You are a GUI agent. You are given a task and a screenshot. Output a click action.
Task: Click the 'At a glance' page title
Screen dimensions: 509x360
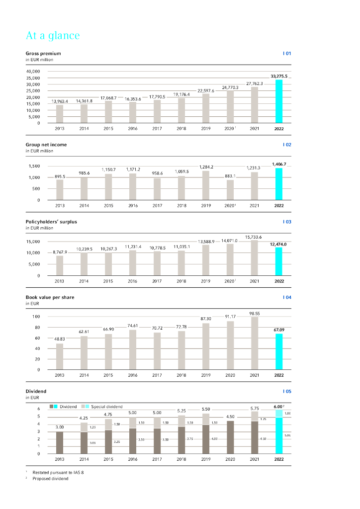click(x=53, y=36)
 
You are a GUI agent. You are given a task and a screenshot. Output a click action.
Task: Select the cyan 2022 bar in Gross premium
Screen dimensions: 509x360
click(x=279, y=101)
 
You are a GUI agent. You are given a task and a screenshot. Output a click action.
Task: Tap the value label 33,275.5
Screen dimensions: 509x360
click(x=279, y=76)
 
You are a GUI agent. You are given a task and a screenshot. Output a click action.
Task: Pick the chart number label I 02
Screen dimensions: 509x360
click(x=287, y=145)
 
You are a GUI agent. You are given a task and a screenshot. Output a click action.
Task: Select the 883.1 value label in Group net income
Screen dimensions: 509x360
click(x=230, y=175)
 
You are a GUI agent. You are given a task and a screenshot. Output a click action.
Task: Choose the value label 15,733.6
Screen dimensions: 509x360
click(x=254, y=237)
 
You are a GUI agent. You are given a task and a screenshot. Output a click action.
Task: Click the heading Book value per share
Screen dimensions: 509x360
click(x=50, y=297)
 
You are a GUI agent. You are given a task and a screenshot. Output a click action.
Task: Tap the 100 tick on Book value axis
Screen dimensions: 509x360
click(x=36, y=317)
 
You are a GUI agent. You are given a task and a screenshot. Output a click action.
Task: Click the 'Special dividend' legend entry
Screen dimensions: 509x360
click(x=106, y=407)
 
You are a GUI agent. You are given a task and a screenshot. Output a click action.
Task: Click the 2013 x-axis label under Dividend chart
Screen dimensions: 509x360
click(x=60, y=459)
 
